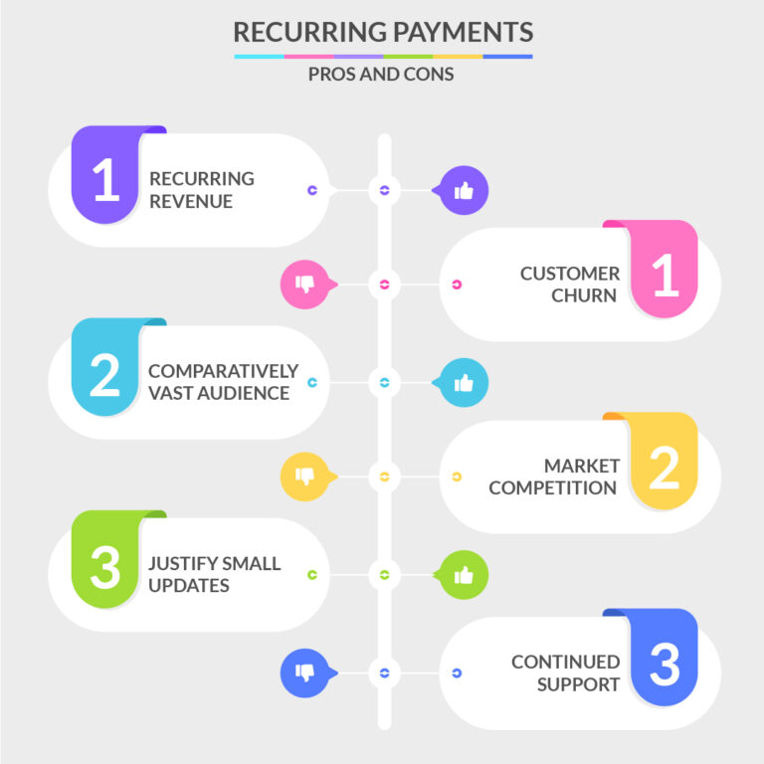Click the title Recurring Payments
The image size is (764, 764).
coord(382,32)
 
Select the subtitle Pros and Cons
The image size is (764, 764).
coord(382,75)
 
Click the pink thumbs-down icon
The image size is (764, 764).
coord(305,285)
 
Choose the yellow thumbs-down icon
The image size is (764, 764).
coord(305,477)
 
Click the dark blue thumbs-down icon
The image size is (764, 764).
coord(305,672)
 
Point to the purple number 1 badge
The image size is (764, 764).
coord(106,177)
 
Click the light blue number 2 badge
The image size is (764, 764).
coord(106,370)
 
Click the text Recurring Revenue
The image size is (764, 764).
coord(202,190)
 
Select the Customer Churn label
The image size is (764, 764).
coord(569,284)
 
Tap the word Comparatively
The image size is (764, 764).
coord(223,371)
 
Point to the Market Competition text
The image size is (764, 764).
coord(553,477)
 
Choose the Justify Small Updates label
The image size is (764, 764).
coord(215,574)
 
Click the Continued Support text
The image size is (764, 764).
coord(565,672)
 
